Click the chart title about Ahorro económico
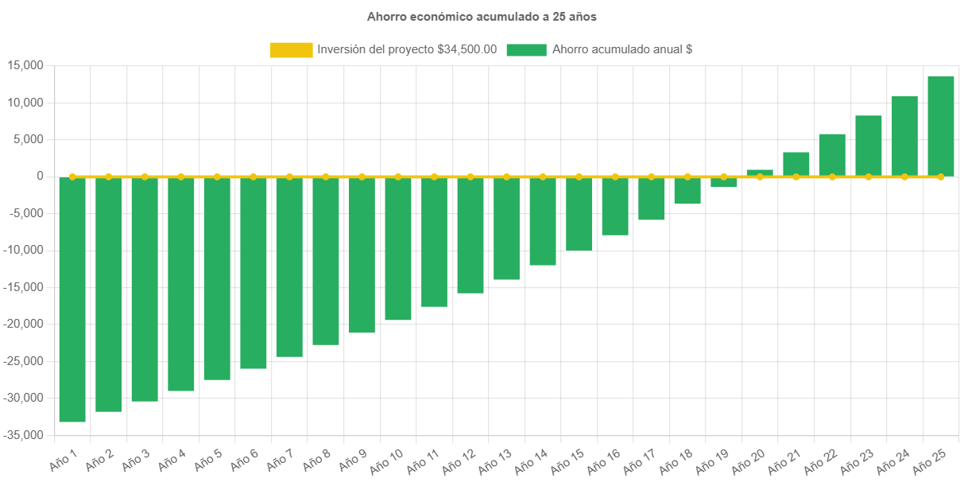pyautogui.click(x=481, y=16)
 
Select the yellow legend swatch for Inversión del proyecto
pyautogui.click(x=291, y=50)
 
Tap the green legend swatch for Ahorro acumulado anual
pyautogui.click(x=526, y=50)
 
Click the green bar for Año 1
pyautogui.click(x=72, y=299)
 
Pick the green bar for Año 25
pyautogui.click(x=941, y=126)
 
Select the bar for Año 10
pyautogui.click(x=398, y=248)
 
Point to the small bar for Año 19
pyautogui.click(x=723, y=182)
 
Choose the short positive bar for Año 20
pyautogui.click(x=760, y=173)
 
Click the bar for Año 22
pyautogui.click(x=832, y=155)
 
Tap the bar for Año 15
pyautogui.click(x=579, y=213)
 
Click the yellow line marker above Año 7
pyautogui.click(x=289, y=177)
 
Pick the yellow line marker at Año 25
pyautogui.click(x=941, y=177)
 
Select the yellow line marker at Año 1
pyautogui.click(x=72, y=177)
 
